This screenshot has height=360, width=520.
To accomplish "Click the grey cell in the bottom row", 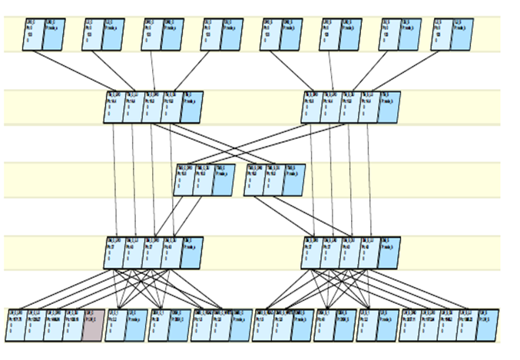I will click(x=92, y=325).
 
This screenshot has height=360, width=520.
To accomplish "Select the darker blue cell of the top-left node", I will click(x=55, y=34).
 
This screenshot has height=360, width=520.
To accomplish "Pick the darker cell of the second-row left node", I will click(x=192, y=107).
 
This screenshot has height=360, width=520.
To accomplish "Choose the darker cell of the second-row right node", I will click(x=389, y=107).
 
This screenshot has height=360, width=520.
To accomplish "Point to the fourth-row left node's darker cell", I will click(x=192, y=253).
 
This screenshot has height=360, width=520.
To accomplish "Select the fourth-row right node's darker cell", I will click(x=389, y=253).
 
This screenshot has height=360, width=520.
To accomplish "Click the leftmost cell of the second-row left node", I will click(x=114, y=107).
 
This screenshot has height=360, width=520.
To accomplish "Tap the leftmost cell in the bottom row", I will click(x=15, y=325).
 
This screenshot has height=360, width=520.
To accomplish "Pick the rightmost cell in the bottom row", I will click(x=485, y=325).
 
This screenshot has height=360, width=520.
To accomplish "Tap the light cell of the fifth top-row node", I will click(x=270, y=34).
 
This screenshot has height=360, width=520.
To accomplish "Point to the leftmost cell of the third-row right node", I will click(x=256, y=180).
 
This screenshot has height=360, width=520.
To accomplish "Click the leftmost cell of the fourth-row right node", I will click(x=311, y=253).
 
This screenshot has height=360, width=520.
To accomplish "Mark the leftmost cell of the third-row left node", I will click(x=184, y=180).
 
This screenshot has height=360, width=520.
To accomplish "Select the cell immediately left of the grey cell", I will click(x=72, y=325).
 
